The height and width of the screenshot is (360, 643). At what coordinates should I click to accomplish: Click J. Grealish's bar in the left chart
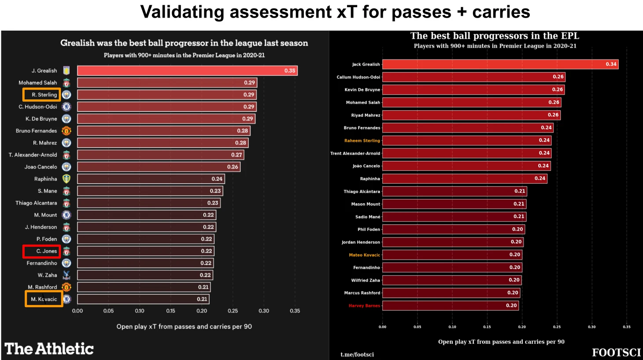pyautogui.click(x=187, y=71)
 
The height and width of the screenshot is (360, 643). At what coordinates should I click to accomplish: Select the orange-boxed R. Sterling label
pyautogui.click(x=42, y=95)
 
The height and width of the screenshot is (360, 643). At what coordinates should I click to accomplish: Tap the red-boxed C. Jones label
pyautogui.click(x=42, y=251)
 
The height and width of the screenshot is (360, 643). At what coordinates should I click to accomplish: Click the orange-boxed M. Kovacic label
pyautogui.click(x=44, y=299)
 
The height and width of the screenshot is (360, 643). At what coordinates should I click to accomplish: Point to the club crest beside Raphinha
pyautogui.click(x=67, y=179)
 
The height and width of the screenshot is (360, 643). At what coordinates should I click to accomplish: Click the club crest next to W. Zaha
pyautogui.click(x=67, y=275)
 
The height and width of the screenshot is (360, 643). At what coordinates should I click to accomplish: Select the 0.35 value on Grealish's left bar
pyautogui.click(x=290, y=71)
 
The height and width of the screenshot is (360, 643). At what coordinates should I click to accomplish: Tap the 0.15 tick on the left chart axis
pyautogui.click(x=170, y=311)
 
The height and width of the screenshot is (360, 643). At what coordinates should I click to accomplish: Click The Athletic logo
pyautogui.click(x=49, y=349)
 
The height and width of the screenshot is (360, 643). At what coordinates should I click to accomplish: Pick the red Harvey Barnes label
pyautogui.click(x=364, y=306)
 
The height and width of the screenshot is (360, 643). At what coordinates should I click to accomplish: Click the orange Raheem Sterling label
pyautogui.click(x=362, y=141)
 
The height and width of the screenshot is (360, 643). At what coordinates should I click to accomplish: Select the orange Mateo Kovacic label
pyautogui.click(x=364, y=255)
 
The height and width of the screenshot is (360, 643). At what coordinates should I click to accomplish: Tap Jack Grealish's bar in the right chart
pyautogui.click(x=500, y=64)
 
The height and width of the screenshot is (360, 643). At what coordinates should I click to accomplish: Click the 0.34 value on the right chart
pyautogui.click(x=611, y=64)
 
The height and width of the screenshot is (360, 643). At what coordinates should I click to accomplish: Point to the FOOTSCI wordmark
pyautogui.click(x=616, y=353)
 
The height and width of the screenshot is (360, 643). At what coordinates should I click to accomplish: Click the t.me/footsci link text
pyautogui.click(x=357, y=354)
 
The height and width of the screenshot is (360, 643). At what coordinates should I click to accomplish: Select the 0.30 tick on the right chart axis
pyautogui.click(x=591, y=327)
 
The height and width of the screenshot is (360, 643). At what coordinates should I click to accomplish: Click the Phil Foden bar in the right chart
pyautogui.click(x=453, y=230)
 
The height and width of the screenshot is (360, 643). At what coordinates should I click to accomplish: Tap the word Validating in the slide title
pyautogui.click(x=182, y=12)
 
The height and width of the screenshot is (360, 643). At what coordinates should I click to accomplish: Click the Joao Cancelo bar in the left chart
pyautogui.click(x=159, y=167)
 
